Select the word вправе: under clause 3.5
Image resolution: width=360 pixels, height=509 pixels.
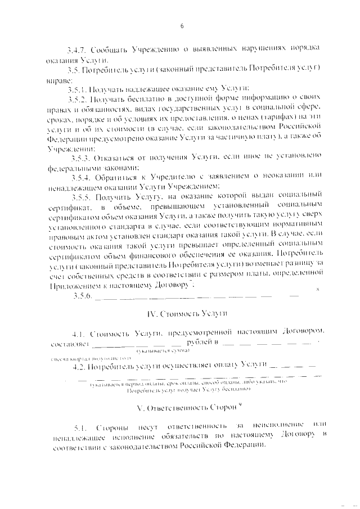[x=62, y=80]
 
